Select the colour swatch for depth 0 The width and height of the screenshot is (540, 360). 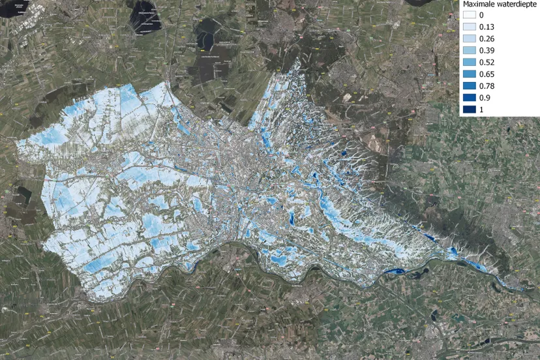470,15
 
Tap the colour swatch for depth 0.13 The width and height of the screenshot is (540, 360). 470,27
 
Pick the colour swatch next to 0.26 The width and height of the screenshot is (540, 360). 470,38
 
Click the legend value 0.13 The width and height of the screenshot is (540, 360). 486,27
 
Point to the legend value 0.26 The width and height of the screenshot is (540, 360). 486,38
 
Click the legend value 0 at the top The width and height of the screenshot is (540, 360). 481,15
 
